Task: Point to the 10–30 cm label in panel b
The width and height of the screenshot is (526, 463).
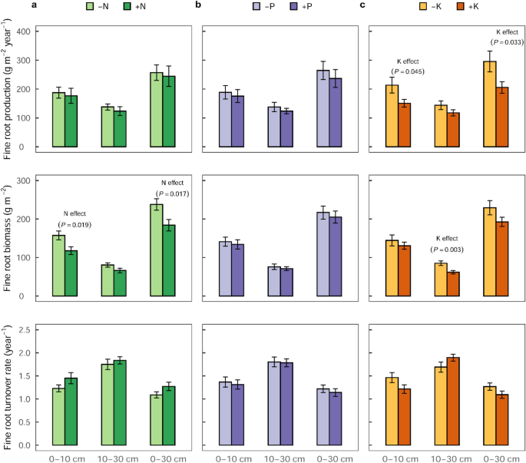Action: coord(285,457)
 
